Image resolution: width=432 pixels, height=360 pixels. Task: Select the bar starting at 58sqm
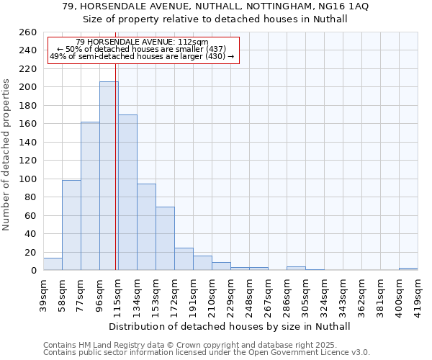tap(71, 225)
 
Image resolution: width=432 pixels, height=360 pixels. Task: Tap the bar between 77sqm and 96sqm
tap(90, 196)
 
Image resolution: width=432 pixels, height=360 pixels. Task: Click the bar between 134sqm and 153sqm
tap(146, 227)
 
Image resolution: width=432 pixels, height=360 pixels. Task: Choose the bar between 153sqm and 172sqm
tap(165, 238)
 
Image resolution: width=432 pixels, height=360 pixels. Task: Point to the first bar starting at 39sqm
tap(53, 264)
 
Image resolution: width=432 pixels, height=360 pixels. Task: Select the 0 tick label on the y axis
tap(33, 271)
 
